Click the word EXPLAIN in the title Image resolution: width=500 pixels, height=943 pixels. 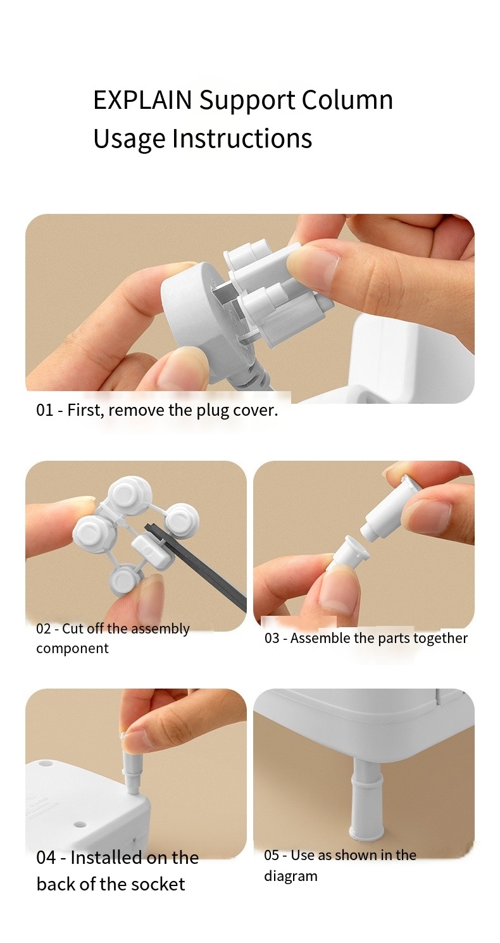click(142, 100)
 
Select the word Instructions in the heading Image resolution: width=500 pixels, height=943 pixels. click(242, 138)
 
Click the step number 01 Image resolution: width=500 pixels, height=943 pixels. click(44, 409)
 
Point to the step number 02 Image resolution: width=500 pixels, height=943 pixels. click(44, 628)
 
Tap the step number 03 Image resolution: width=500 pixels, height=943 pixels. click(272, 638)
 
